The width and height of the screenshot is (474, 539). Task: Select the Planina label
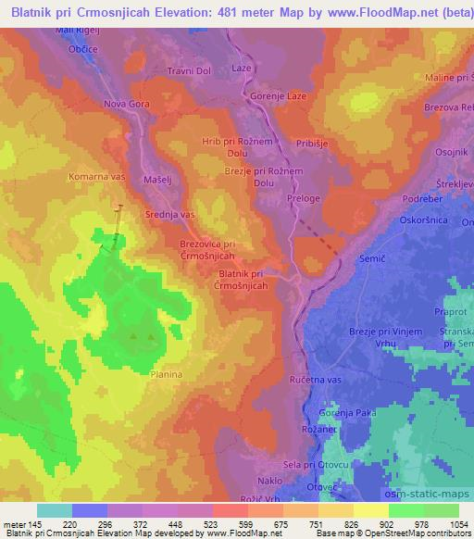point(167,374)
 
